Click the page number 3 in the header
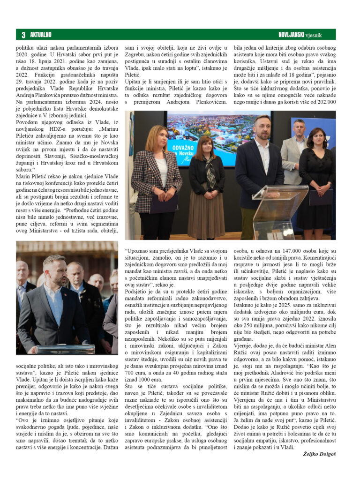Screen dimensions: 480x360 (23, 35)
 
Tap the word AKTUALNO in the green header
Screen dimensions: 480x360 (41, 35)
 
